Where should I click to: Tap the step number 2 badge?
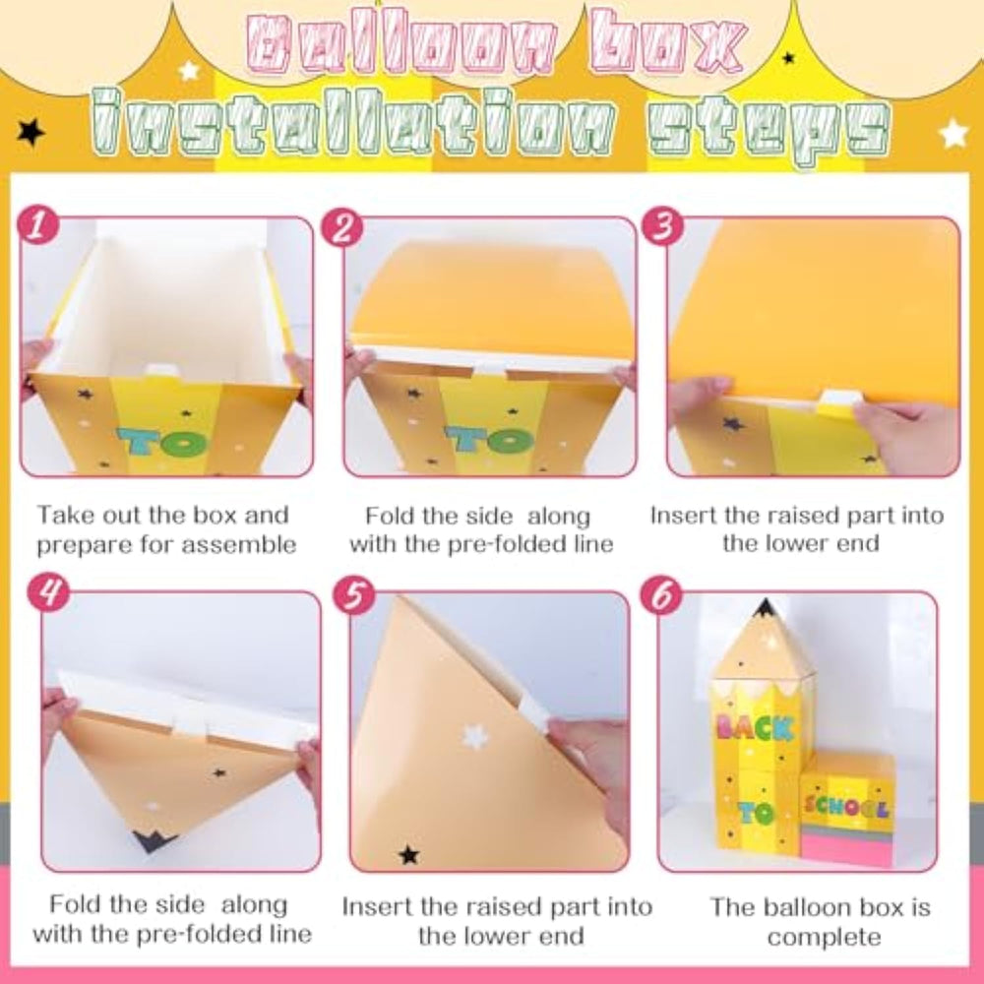click(x=341, y=227)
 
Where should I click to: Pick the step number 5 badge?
click(x=354, y=593)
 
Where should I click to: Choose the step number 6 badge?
click(x=661, y=593)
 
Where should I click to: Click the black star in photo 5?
click(x=408, y=854)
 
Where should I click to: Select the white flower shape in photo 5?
click(x=475, y=736)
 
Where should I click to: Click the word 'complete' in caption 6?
click(x=824, y=938)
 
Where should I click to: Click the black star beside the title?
click(x=31, y=132)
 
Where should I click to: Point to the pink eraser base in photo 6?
click(x=847, y=848)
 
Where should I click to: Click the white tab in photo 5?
click(x=532, y=713)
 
